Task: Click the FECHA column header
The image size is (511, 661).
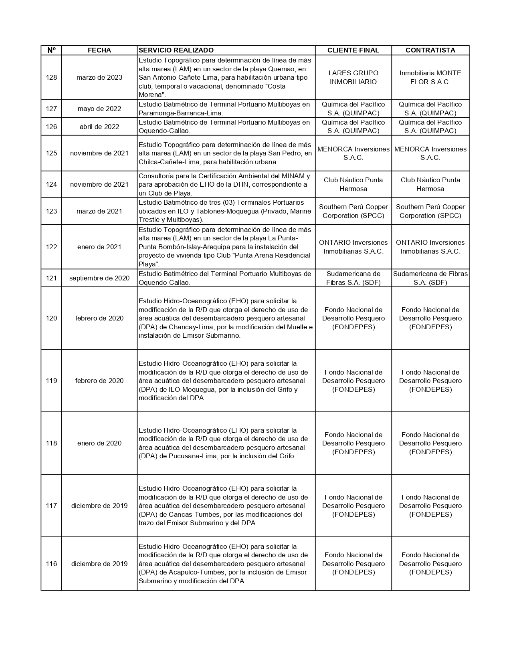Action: [x=99, y=50]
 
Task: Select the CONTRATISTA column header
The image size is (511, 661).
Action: [x=430, y=50]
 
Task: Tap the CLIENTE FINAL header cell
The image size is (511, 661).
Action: [x=353, y=50]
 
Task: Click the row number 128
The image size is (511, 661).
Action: [x=51, y=77]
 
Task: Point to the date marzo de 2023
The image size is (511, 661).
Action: [x=99, y=77]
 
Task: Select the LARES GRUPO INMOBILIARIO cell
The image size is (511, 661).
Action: [x=353, y=77]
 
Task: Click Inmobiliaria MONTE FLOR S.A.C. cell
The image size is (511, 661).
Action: [x=430, y=77]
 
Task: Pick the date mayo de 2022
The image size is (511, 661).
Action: [x=99, y=109]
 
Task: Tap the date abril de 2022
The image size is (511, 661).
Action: [x=99, y=127]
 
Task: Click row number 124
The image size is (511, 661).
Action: [x=51, y=184]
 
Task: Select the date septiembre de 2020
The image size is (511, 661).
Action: [x=99, y=278]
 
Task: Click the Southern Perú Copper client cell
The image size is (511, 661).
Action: [x=353, y=211]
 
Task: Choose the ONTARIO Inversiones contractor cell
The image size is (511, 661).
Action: [x=430, y=247]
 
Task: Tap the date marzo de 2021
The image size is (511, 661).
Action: [x=99, y=211]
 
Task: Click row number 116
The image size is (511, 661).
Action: [x=51, y=564]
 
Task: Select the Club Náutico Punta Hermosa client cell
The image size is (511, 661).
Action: [x=353, y=184]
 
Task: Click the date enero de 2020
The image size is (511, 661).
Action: [x=99, y=443]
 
